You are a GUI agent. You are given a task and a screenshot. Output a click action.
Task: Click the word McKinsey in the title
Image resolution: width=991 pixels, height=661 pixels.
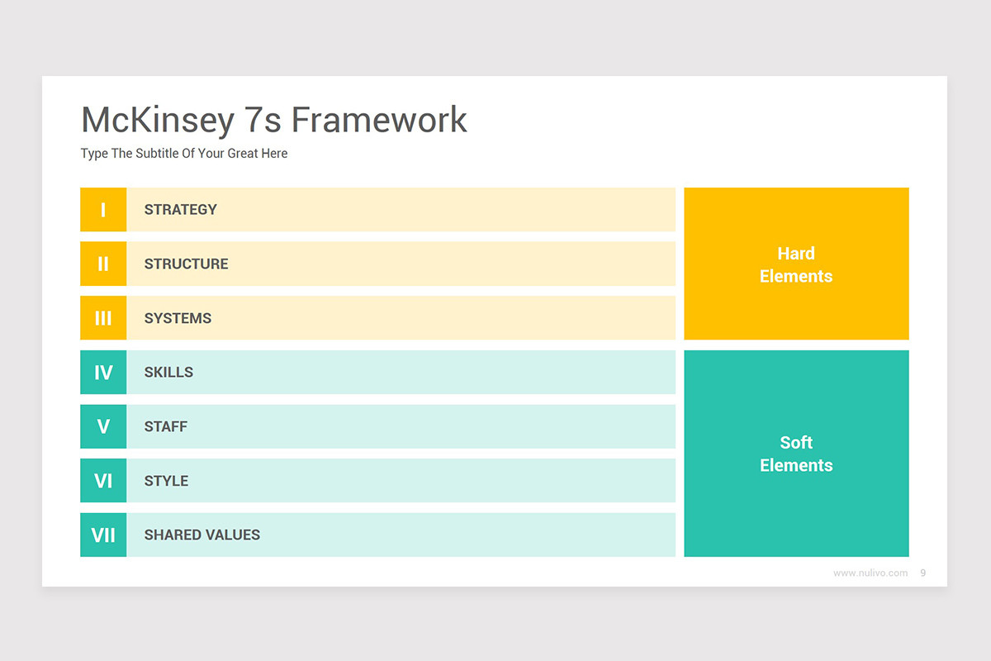158,121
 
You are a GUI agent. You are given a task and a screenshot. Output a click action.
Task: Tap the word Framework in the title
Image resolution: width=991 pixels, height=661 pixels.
379,121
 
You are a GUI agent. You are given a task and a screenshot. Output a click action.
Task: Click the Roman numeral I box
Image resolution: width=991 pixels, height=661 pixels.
103,210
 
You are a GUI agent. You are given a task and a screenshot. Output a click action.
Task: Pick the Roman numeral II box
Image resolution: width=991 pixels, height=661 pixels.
103,264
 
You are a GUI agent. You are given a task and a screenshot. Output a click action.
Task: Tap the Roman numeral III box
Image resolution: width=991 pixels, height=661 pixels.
103,318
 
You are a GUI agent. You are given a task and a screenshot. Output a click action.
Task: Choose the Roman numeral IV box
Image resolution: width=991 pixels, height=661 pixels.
103,373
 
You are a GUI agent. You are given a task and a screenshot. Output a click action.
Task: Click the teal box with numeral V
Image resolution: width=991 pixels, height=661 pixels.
103,426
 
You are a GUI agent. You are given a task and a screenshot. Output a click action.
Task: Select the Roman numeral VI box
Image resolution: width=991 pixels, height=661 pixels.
103,481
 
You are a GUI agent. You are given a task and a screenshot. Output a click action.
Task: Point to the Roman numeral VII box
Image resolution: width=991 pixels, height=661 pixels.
103,535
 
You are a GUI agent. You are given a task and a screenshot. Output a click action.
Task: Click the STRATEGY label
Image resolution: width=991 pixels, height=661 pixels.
180,210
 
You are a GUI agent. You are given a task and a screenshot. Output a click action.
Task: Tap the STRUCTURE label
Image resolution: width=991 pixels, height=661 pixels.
186,264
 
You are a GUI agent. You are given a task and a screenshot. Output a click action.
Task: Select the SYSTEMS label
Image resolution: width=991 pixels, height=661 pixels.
178,319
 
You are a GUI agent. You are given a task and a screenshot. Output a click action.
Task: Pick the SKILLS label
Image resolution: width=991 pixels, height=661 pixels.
168,373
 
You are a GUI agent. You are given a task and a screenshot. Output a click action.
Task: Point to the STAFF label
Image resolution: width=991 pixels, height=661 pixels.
165,427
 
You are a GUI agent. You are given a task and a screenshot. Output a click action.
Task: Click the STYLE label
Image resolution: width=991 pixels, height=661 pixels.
166,481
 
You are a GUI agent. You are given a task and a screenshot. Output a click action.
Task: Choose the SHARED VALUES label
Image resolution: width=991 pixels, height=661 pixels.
202,535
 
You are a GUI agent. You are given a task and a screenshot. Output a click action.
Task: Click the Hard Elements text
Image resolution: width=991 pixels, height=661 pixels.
796,264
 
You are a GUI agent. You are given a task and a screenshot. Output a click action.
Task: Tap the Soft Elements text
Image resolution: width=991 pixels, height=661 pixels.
796,454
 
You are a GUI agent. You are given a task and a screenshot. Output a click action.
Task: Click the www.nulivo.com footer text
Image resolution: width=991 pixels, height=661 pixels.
870,573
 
